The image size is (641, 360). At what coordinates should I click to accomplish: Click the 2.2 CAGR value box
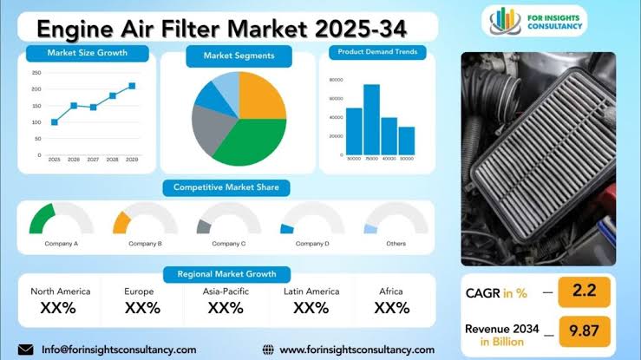coord(585,292)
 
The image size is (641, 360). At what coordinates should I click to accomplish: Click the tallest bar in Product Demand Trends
coord(371,118)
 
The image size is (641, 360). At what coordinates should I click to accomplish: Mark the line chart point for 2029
coord(132,86)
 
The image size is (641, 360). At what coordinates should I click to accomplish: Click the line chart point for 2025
coord(55,122)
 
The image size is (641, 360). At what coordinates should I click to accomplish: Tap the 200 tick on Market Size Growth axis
coord(36,89)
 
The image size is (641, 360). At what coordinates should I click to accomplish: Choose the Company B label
coord(146,244)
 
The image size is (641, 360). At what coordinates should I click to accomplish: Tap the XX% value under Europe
coord(142,307)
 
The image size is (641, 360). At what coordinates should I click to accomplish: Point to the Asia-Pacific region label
coord(226,291)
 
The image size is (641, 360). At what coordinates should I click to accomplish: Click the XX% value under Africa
coord(392,307)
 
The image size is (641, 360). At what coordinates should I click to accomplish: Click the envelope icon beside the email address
coord(26,349)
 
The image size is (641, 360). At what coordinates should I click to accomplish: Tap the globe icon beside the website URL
coord(267,349)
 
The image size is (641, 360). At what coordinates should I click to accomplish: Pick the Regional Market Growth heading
coord(226,274)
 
